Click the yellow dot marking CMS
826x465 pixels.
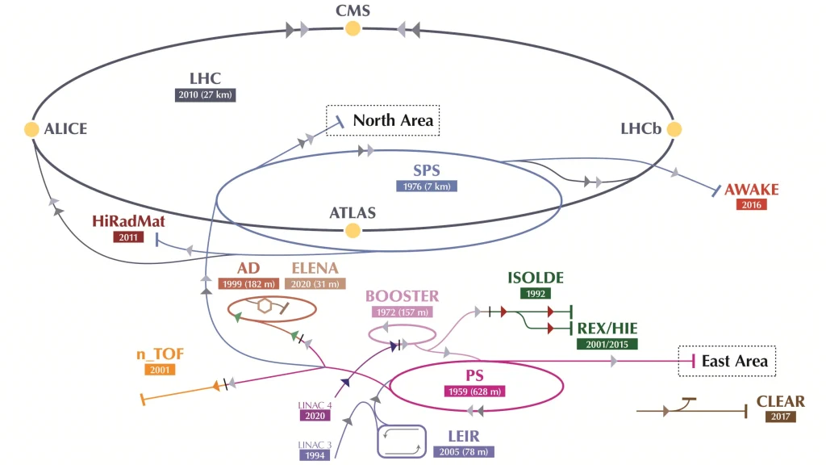click(x=353, y=28)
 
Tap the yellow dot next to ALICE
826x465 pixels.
click(x=31, y=129)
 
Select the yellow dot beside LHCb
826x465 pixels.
click(x=674, y=129)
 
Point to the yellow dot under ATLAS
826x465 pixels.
click(x=353, y=230)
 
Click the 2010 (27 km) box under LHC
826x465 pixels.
click(x=206, y=95)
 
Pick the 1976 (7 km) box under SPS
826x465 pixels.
click(x=427, y=186)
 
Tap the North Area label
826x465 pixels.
click(x=393, y=120)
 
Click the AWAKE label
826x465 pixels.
click(x=752, y=189)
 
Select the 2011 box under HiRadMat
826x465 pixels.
click(x=128, y=237)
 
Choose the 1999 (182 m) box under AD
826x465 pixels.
click(x=248, y=283)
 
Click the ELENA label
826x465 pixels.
click(x=315, y=268)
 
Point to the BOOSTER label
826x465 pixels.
click(x=403, y=296)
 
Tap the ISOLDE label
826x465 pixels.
click(x=536, y=278)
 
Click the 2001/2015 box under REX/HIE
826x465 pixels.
click(x=607, y=344)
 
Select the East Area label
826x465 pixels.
click(x=735, y=361)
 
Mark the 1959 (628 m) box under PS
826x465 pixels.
click(x=474, y=392)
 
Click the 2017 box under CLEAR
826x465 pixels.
click(x=781, y=417)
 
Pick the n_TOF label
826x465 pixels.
click(x=161, y=354)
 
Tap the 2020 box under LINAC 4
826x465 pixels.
click(x=315, y=416)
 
